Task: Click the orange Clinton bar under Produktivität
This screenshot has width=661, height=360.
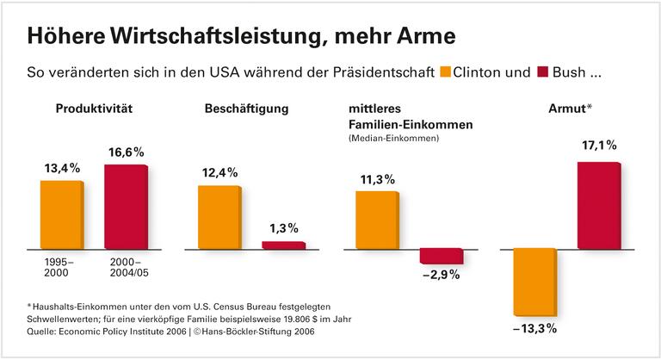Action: point(61,214)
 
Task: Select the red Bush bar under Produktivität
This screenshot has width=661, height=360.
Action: point(126,207)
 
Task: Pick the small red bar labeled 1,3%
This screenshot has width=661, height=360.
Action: point(283,245)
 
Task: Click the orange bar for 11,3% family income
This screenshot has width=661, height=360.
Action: point(377,220)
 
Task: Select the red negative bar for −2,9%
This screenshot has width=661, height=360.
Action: point(441,256)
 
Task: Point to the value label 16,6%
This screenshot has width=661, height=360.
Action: point(127,152)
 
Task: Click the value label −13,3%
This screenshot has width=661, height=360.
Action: point(535,329)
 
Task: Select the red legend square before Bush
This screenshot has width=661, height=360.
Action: point(544,72)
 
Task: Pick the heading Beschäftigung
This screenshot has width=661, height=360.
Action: point(246,109)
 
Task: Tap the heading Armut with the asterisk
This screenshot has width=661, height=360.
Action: point(567,109)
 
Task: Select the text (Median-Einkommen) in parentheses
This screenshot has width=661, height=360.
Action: point(394,139)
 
